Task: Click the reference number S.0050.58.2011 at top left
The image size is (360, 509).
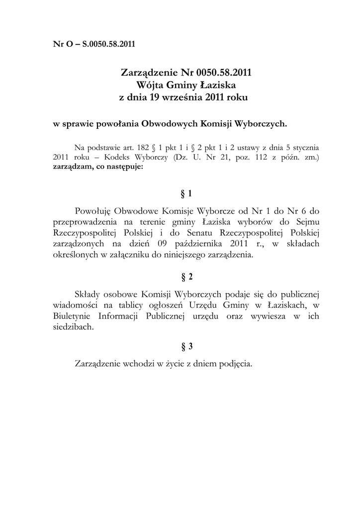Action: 108,44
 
